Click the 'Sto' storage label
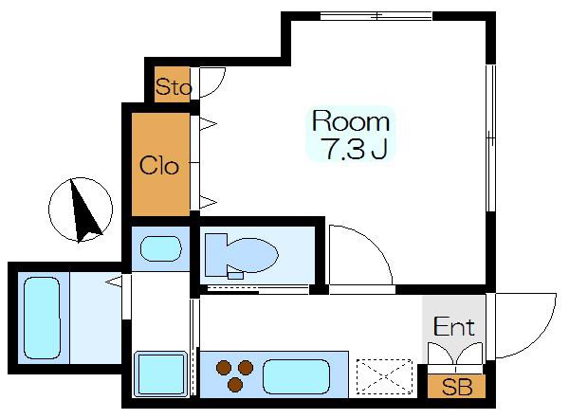[x=174, y=87]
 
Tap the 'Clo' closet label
[x=159, y=166]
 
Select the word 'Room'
[x=351, y=121]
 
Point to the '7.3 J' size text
[x=356, y=149]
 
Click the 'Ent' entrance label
[x=454, y=326]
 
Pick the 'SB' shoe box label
[x=457, y=387]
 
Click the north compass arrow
[x=83, y=209]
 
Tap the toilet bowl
[x=241, y=255]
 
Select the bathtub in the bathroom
[x=42, y=319]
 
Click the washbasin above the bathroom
[x=161, y=249]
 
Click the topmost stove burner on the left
[x=223, y=368]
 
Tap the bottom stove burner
[x=235, y=385]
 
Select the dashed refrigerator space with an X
[x=384, y=376]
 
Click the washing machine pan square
[x=161, y=374]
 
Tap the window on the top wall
[x=376, y=16]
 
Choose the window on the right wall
[x=490, y=137]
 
